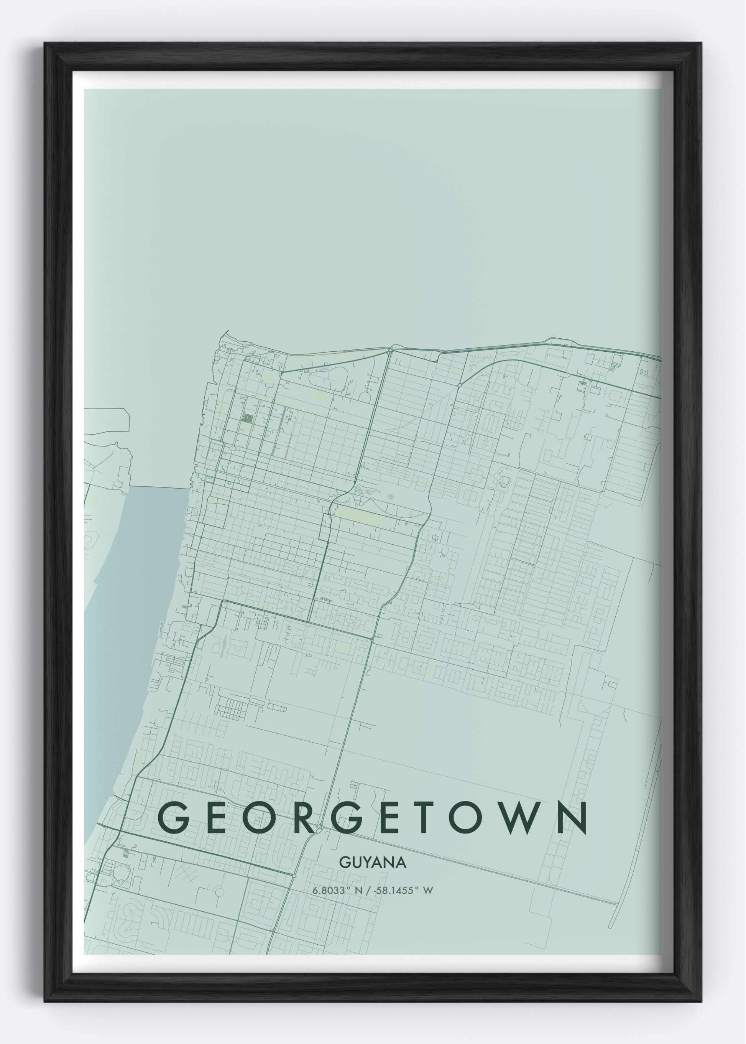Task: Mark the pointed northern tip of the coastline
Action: tap(227, 331)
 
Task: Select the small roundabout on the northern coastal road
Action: tap(390, 351)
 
